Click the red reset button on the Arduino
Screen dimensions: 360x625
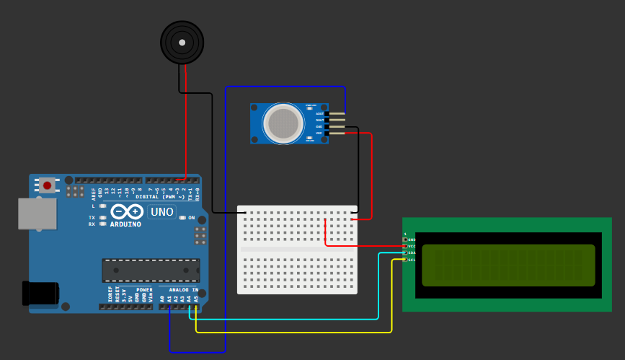pos(48,185)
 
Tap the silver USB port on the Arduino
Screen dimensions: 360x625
pos(37,214)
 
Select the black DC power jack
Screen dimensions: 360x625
pos(40,293)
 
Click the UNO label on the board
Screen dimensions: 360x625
pos(161,212)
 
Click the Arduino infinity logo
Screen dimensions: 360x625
pos(126,211)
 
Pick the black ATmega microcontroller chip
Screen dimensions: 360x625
pos(151,270)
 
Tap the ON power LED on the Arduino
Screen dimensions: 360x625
pos(182,217)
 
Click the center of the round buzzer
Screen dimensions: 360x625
pos(182,43)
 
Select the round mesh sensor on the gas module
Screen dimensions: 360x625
pos(283,123)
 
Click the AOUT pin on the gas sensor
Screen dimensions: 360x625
pos(334,113)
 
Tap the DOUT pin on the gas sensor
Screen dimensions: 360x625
pos(334,120)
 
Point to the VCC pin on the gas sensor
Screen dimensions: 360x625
pos(334,133)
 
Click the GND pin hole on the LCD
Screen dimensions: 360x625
pos(405,240)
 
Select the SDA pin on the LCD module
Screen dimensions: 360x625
pos(405,253)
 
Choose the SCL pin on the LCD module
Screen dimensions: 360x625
pos(405,260)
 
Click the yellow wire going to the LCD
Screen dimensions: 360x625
pos(288,333)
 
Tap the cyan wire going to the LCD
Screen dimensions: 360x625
pos(288,319)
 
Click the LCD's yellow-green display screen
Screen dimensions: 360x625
pos(508,265)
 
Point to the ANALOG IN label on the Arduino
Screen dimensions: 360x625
pos(183,289)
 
